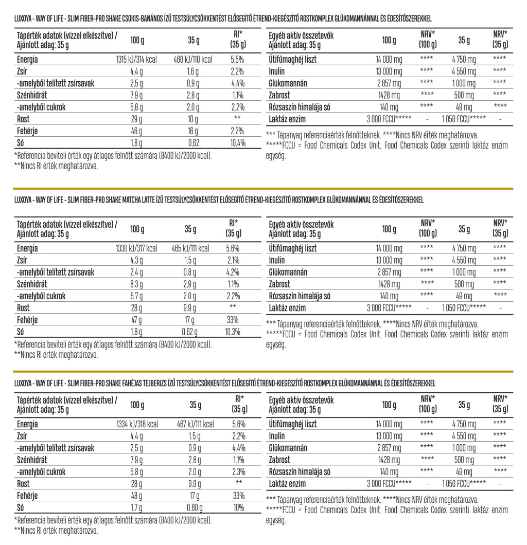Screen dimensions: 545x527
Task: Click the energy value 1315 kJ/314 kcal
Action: (x=137, y=60)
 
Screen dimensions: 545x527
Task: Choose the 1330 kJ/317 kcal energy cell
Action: (x=137, y=249)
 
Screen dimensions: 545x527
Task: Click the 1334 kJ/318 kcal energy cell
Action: (x=137, y=425)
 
